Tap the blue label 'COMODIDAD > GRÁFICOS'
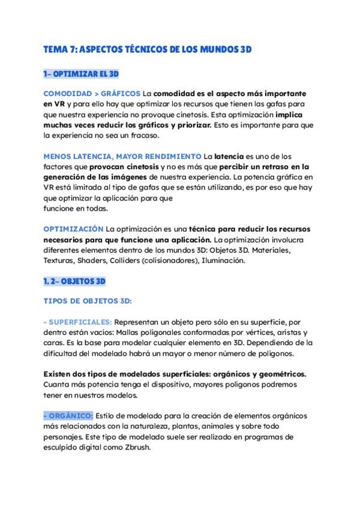92,94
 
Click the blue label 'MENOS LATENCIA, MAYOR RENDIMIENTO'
122,156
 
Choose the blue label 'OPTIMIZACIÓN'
73,230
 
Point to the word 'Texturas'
58,261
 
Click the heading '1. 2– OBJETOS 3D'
74,281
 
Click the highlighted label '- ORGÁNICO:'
68,416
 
